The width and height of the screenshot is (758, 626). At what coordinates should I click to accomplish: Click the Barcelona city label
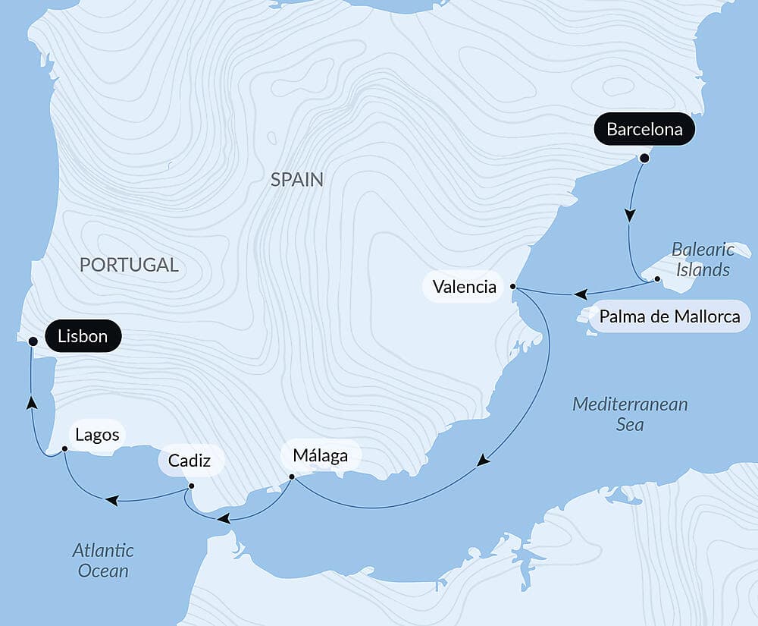[644, 130]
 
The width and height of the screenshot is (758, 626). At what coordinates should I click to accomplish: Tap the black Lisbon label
[83, 336]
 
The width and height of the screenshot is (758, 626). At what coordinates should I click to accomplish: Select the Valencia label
[464, 287]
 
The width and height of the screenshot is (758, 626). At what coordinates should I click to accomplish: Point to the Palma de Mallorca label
[669, 316]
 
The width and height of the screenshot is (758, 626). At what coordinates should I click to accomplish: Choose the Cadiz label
[185, 461]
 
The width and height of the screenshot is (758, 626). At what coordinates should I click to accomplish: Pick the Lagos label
[98, 435]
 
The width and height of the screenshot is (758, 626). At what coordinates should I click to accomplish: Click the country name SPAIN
[296, 180]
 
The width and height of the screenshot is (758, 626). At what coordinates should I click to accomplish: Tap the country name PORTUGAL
[129, 265]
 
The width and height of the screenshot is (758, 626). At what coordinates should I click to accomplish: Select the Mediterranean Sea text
[630, 414]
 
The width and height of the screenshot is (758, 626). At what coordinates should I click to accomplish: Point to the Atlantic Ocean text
[103, 560]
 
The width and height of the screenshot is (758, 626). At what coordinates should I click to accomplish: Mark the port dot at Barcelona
[644, 159]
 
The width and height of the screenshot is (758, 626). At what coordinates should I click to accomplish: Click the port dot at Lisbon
[33, 341]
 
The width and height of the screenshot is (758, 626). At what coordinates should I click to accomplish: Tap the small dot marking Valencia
[513, 287]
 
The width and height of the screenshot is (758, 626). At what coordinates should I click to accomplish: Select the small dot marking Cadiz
[191, 486]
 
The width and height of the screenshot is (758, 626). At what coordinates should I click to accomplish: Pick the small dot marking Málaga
[292, 477]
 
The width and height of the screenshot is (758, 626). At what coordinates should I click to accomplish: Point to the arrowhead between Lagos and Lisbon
[31, 401]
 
